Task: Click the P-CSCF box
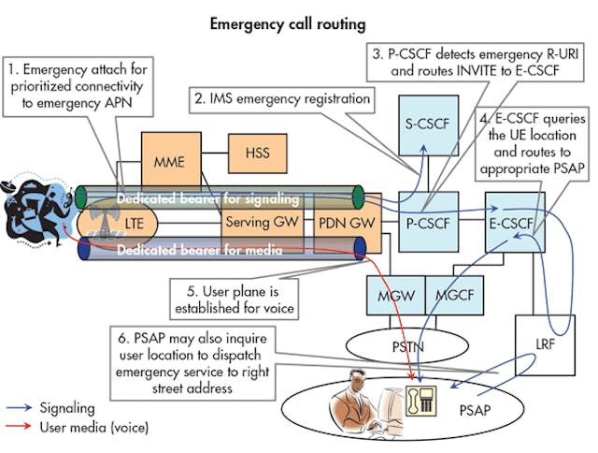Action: pyautogui.click(x=426, y=225)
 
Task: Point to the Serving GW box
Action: pyautogui.click(x=249, y=225)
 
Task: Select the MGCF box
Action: pyautogui.click(x=457, y=296)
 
